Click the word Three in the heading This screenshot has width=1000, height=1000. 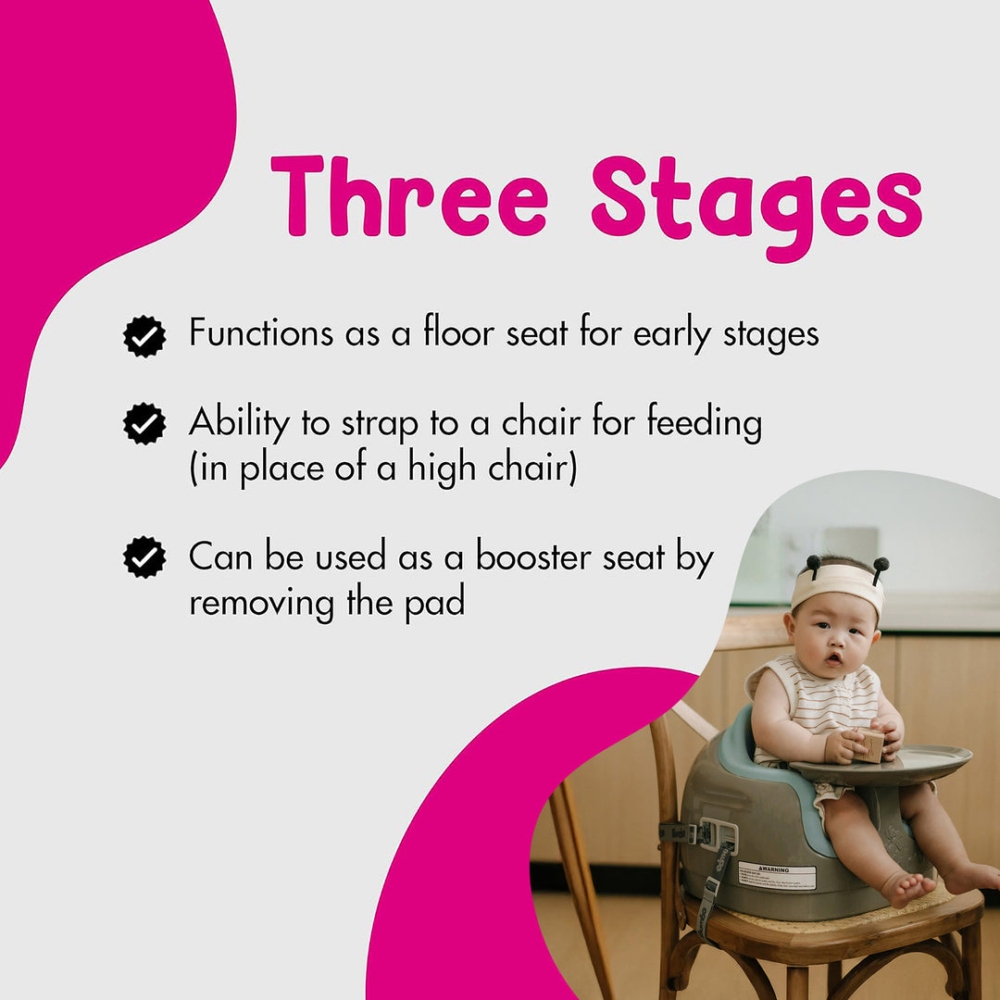click(x=408, y=195)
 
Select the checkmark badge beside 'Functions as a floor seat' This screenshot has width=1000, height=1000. click(x=144, y=335)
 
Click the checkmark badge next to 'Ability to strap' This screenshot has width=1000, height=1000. click(x=144, y=424)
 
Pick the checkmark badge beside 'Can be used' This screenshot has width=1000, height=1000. click(x=144, y=557)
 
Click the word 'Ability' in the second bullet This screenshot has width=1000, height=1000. click(x=240, y=423)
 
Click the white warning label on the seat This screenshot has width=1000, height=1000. click(x=777, y=875)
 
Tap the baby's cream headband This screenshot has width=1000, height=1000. click(x=837, y=581)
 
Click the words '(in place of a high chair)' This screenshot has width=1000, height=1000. click(x=382, y=469)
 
